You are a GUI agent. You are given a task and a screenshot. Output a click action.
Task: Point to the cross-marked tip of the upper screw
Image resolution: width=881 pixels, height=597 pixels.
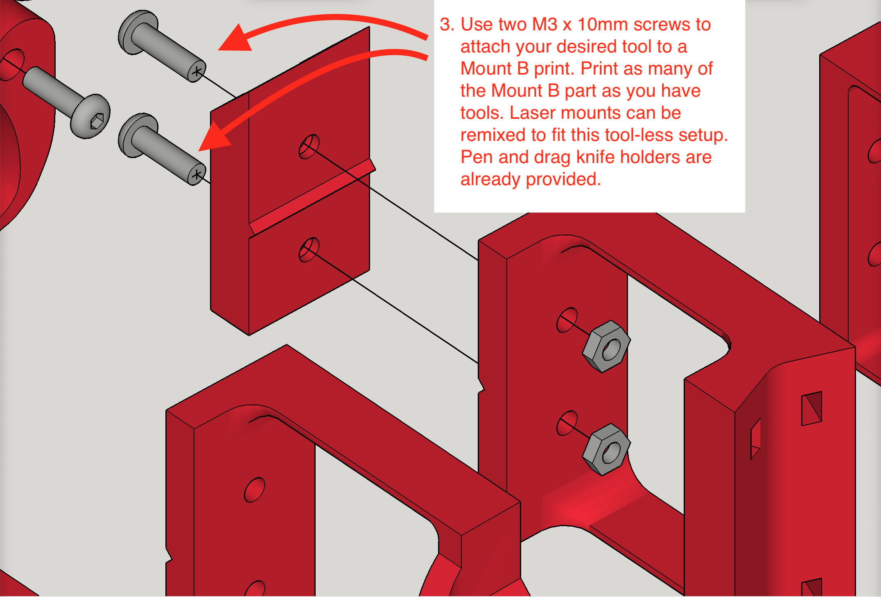click(x=197, y=72)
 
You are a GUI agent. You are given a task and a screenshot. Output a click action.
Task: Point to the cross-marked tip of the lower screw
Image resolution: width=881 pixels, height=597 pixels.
click(x=197, y=175)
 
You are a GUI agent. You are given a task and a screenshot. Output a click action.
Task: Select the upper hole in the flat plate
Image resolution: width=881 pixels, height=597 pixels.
click(x=309, y=147)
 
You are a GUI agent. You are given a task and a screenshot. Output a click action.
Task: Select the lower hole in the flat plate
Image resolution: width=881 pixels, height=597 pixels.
click(x=309, y=250)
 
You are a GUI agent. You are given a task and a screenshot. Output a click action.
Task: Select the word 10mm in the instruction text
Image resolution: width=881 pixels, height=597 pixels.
click(x=602, y=25)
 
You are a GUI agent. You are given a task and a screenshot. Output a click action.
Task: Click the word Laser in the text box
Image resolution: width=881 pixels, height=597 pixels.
click(x=532, y=113)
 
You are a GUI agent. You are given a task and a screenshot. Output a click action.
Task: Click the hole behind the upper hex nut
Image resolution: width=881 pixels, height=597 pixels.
click(x=567, y=320)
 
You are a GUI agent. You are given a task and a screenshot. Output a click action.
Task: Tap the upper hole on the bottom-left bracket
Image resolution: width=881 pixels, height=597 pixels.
click(x=254, y=490)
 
